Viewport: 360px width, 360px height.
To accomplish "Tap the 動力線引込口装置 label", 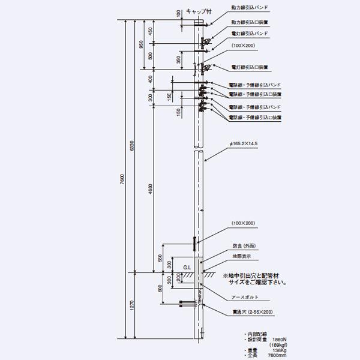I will pos(249,22).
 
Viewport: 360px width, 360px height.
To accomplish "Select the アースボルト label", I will pos(244,296).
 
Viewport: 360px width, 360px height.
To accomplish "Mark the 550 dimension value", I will pos(160,257).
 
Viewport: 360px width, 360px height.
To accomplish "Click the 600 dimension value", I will pos(160,287).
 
